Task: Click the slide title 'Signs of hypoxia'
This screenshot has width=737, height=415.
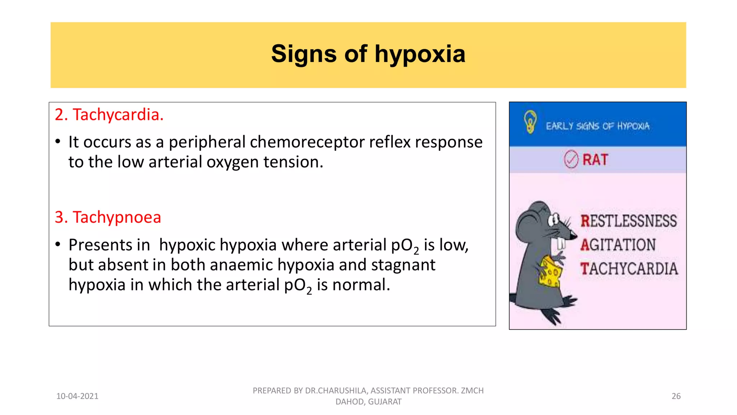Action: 368,54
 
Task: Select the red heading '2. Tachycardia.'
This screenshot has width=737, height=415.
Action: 109,115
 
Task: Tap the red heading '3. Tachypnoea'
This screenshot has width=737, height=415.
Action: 108,217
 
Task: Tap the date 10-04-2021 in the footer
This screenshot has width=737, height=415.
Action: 77,396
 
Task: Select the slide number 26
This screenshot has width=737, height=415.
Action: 676,396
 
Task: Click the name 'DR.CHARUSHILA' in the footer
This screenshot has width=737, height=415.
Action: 336,391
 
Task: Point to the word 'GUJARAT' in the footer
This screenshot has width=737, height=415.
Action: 385,402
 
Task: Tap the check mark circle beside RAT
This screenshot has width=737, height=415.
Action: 571,160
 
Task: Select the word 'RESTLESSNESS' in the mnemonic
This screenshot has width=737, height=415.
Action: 629,221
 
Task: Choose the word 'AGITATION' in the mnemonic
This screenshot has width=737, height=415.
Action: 618,245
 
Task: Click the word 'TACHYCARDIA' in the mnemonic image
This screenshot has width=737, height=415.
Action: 629,269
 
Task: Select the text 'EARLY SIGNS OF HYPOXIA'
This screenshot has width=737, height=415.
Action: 598,126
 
